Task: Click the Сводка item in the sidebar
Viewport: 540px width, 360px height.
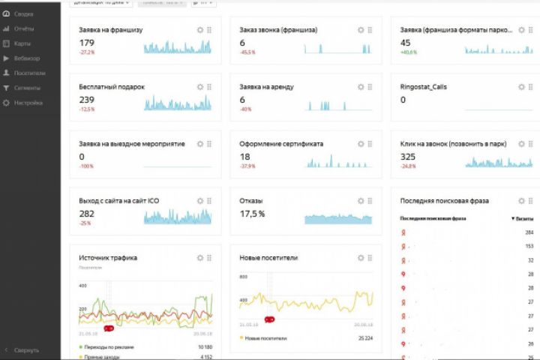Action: (22, 14)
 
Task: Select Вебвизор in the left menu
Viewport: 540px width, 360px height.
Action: (26, 58)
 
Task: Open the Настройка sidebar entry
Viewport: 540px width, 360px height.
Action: (28, 103)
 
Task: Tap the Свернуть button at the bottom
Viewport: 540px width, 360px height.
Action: (25, 350)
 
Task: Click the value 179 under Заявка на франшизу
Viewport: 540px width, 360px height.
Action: (86, 43)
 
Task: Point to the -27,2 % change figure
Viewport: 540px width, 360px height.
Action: (87, 52)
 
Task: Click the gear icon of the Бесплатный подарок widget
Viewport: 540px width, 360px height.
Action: (199, 86)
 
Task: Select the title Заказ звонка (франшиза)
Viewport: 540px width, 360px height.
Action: (277, 30)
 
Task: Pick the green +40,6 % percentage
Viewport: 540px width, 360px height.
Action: (408, 52)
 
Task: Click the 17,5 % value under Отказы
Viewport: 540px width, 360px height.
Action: (252, 214)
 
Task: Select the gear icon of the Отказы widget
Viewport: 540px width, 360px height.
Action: (361, 201)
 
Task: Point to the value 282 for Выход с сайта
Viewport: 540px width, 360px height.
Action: (86, 214)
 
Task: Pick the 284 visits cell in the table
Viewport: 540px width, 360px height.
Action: (529, 232)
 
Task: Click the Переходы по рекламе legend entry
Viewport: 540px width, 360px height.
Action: (111, 347)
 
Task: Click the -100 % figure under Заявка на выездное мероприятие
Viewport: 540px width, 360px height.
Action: (86, 166)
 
